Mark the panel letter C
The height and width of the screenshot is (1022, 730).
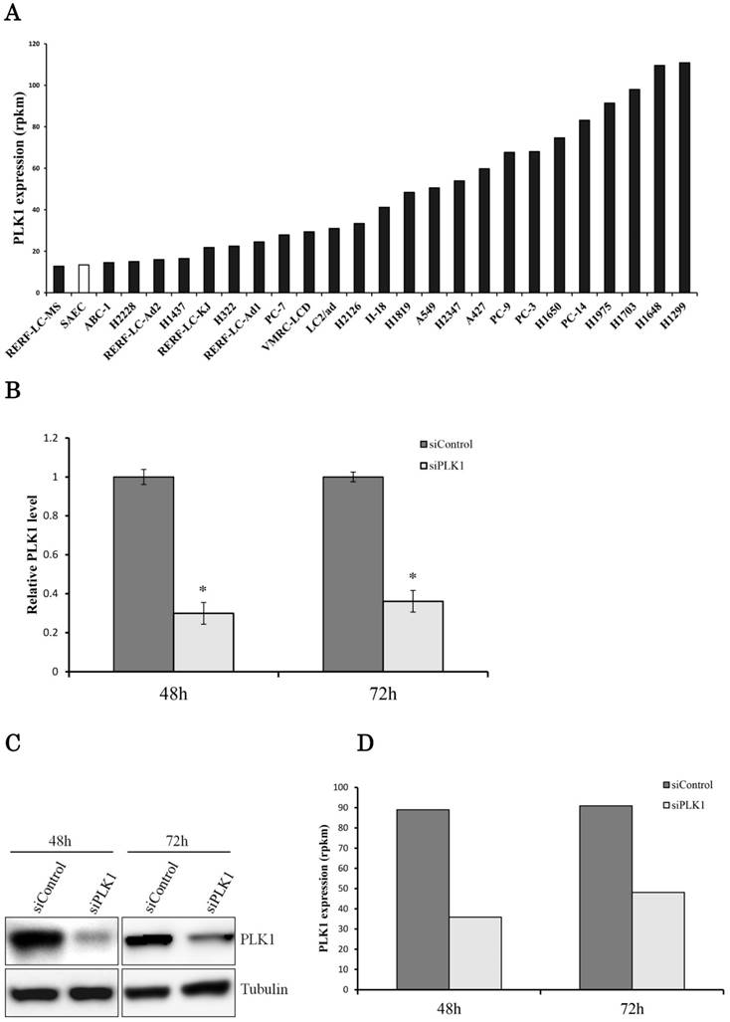coord(12,743)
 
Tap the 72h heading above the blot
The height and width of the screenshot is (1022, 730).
coord(179,815)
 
